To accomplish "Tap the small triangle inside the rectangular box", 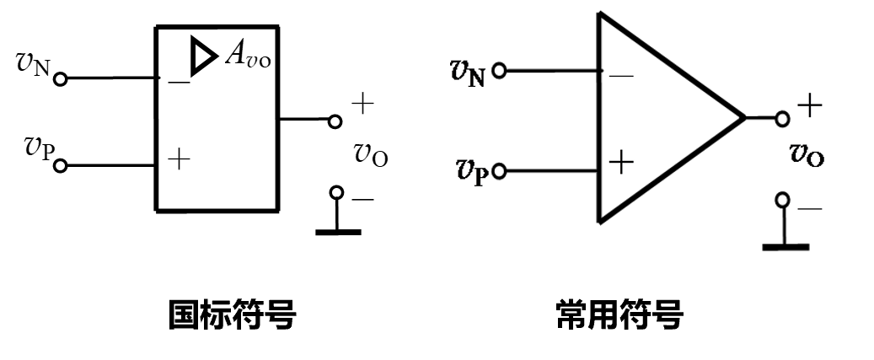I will coord(203,56).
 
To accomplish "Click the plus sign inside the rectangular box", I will coord(179,159).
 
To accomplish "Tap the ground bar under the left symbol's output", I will coord(337,231).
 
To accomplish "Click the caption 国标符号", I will coord(232,316).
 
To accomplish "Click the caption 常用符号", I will coord(619,316).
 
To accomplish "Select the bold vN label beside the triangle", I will coord(468,73).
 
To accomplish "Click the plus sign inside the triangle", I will coord(621,162).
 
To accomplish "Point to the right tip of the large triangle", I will coord(743,117).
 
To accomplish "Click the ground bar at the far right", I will coord(785,247).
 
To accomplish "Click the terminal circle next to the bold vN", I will coord(499,72).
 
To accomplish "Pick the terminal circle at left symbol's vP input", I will coord(60,165).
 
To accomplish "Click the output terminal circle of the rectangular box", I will coord(335,121).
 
